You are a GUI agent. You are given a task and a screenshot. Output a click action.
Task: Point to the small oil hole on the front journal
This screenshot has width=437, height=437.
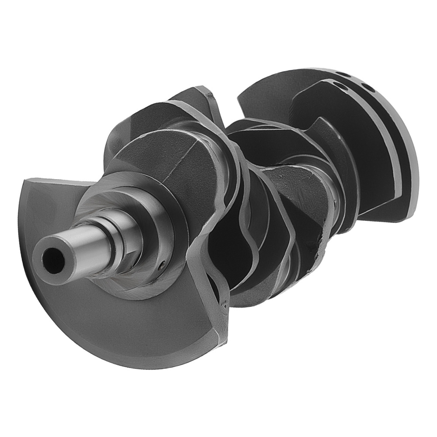pyautogui.click(x=161, y=264)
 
